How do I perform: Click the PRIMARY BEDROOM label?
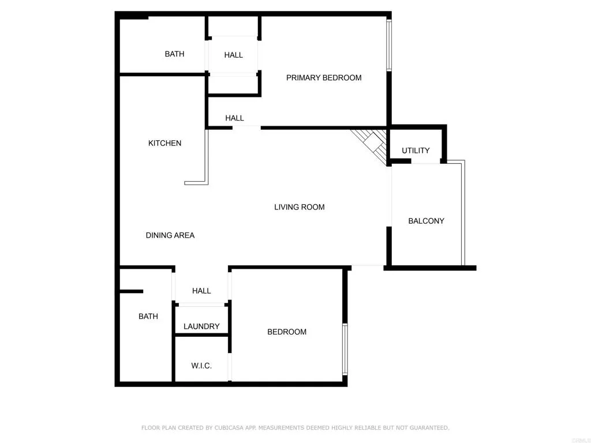click(x=324, y=78)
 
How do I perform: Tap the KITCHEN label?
click(x=164, y=143)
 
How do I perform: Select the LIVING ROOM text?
click(x=299, y=207)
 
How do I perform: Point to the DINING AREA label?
click(x=170, y=235)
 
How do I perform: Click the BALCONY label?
click(x=426, y=221)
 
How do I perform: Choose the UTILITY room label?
click(x=416, y=151)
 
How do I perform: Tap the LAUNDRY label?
click(x=201, y=326)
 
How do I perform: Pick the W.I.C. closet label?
click(x=201, y=366)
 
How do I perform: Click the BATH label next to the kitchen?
click(x=174, y=54)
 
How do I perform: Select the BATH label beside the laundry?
click(x=148, y=317)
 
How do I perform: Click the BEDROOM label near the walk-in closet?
click(x=286, y=332)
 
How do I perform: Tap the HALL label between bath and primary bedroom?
click(x=233, y=55)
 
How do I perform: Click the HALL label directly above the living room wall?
click(x=234, y=118)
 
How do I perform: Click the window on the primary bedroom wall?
click(x=389, y=46)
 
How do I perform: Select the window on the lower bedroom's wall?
click(x=345, y=349)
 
